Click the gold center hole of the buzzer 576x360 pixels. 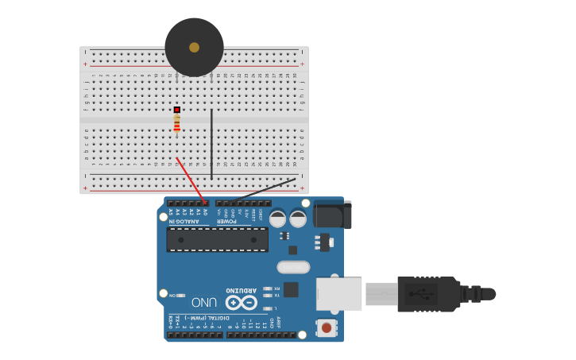click(194, 48)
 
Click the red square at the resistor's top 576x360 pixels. click(176, 110)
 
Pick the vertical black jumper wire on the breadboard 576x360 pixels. click(211, 143)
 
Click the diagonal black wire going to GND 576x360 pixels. click(262, 189)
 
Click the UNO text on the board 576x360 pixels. click(204, 302)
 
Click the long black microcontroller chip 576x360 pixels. click(217, 239)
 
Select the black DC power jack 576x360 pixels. click(332, 215)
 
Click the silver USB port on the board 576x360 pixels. click(339, 293)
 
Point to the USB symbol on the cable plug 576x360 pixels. click(421, 293)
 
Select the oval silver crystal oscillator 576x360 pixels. click(293, 267)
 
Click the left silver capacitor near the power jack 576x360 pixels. click(277, 219)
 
